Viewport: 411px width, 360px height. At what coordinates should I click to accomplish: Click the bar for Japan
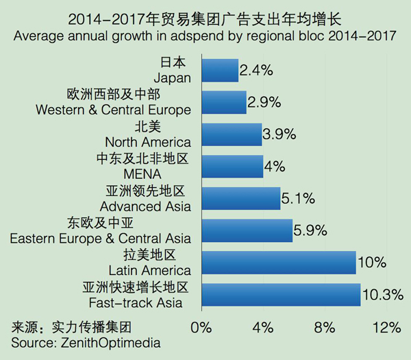[220, 70]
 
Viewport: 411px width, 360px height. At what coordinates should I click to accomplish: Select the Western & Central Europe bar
[224, 102]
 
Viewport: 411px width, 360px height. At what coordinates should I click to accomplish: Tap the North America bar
[232, 134]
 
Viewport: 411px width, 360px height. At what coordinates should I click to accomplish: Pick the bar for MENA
[232, 167]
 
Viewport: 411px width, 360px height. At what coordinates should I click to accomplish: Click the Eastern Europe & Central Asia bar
[247, 231]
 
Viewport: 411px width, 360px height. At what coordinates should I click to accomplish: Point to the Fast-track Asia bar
[281, 295]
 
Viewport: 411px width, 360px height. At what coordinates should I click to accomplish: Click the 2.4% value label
[256, 70]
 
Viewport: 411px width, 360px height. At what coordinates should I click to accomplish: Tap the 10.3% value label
[382, 295]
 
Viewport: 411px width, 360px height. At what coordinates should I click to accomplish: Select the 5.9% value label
[310, 231]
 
